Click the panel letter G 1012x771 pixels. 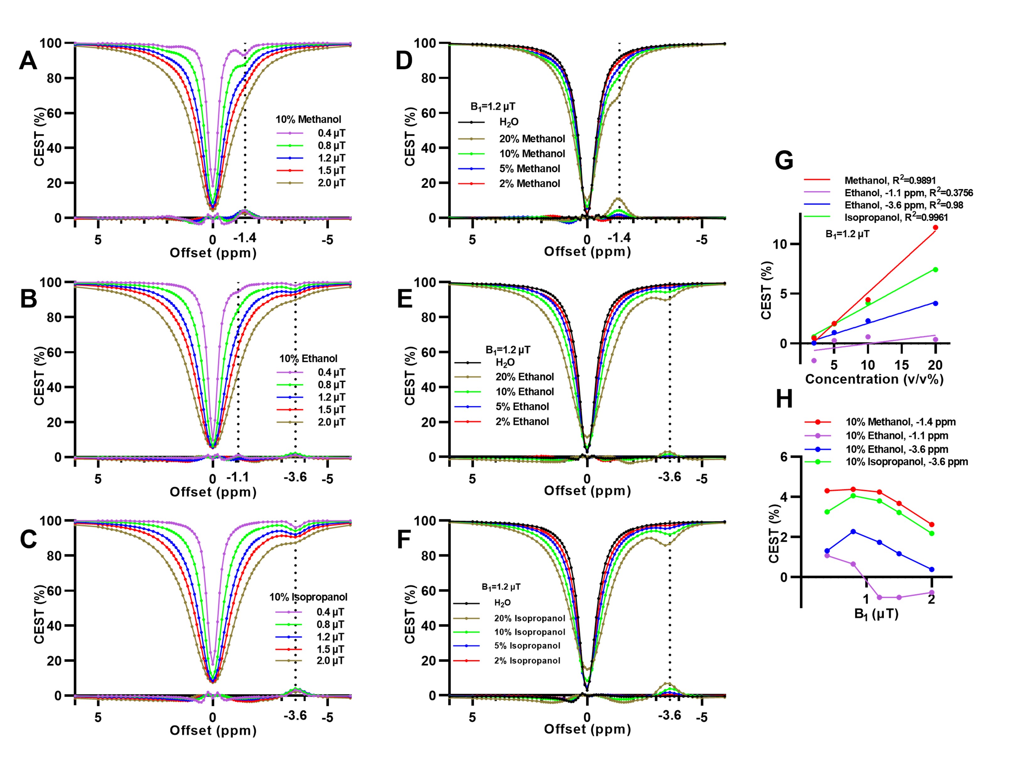click(x=784, y=161)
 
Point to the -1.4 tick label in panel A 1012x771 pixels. click(x=245, y=238)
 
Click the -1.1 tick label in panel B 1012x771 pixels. click(x=238, y=477)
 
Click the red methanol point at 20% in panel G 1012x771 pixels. click(x=935, y=228)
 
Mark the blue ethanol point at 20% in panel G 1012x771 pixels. click(x=935, y=303)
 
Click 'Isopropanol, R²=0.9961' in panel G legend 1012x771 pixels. click(x=896, y=217)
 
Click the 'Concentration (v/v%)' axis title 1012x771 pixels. click(x=874, y=379)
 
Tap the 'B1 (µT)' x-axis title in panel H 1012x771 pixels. click(x=876, y=614)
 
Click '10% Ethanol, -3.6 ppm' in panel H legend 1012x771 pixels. click(x=896, y=449)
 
